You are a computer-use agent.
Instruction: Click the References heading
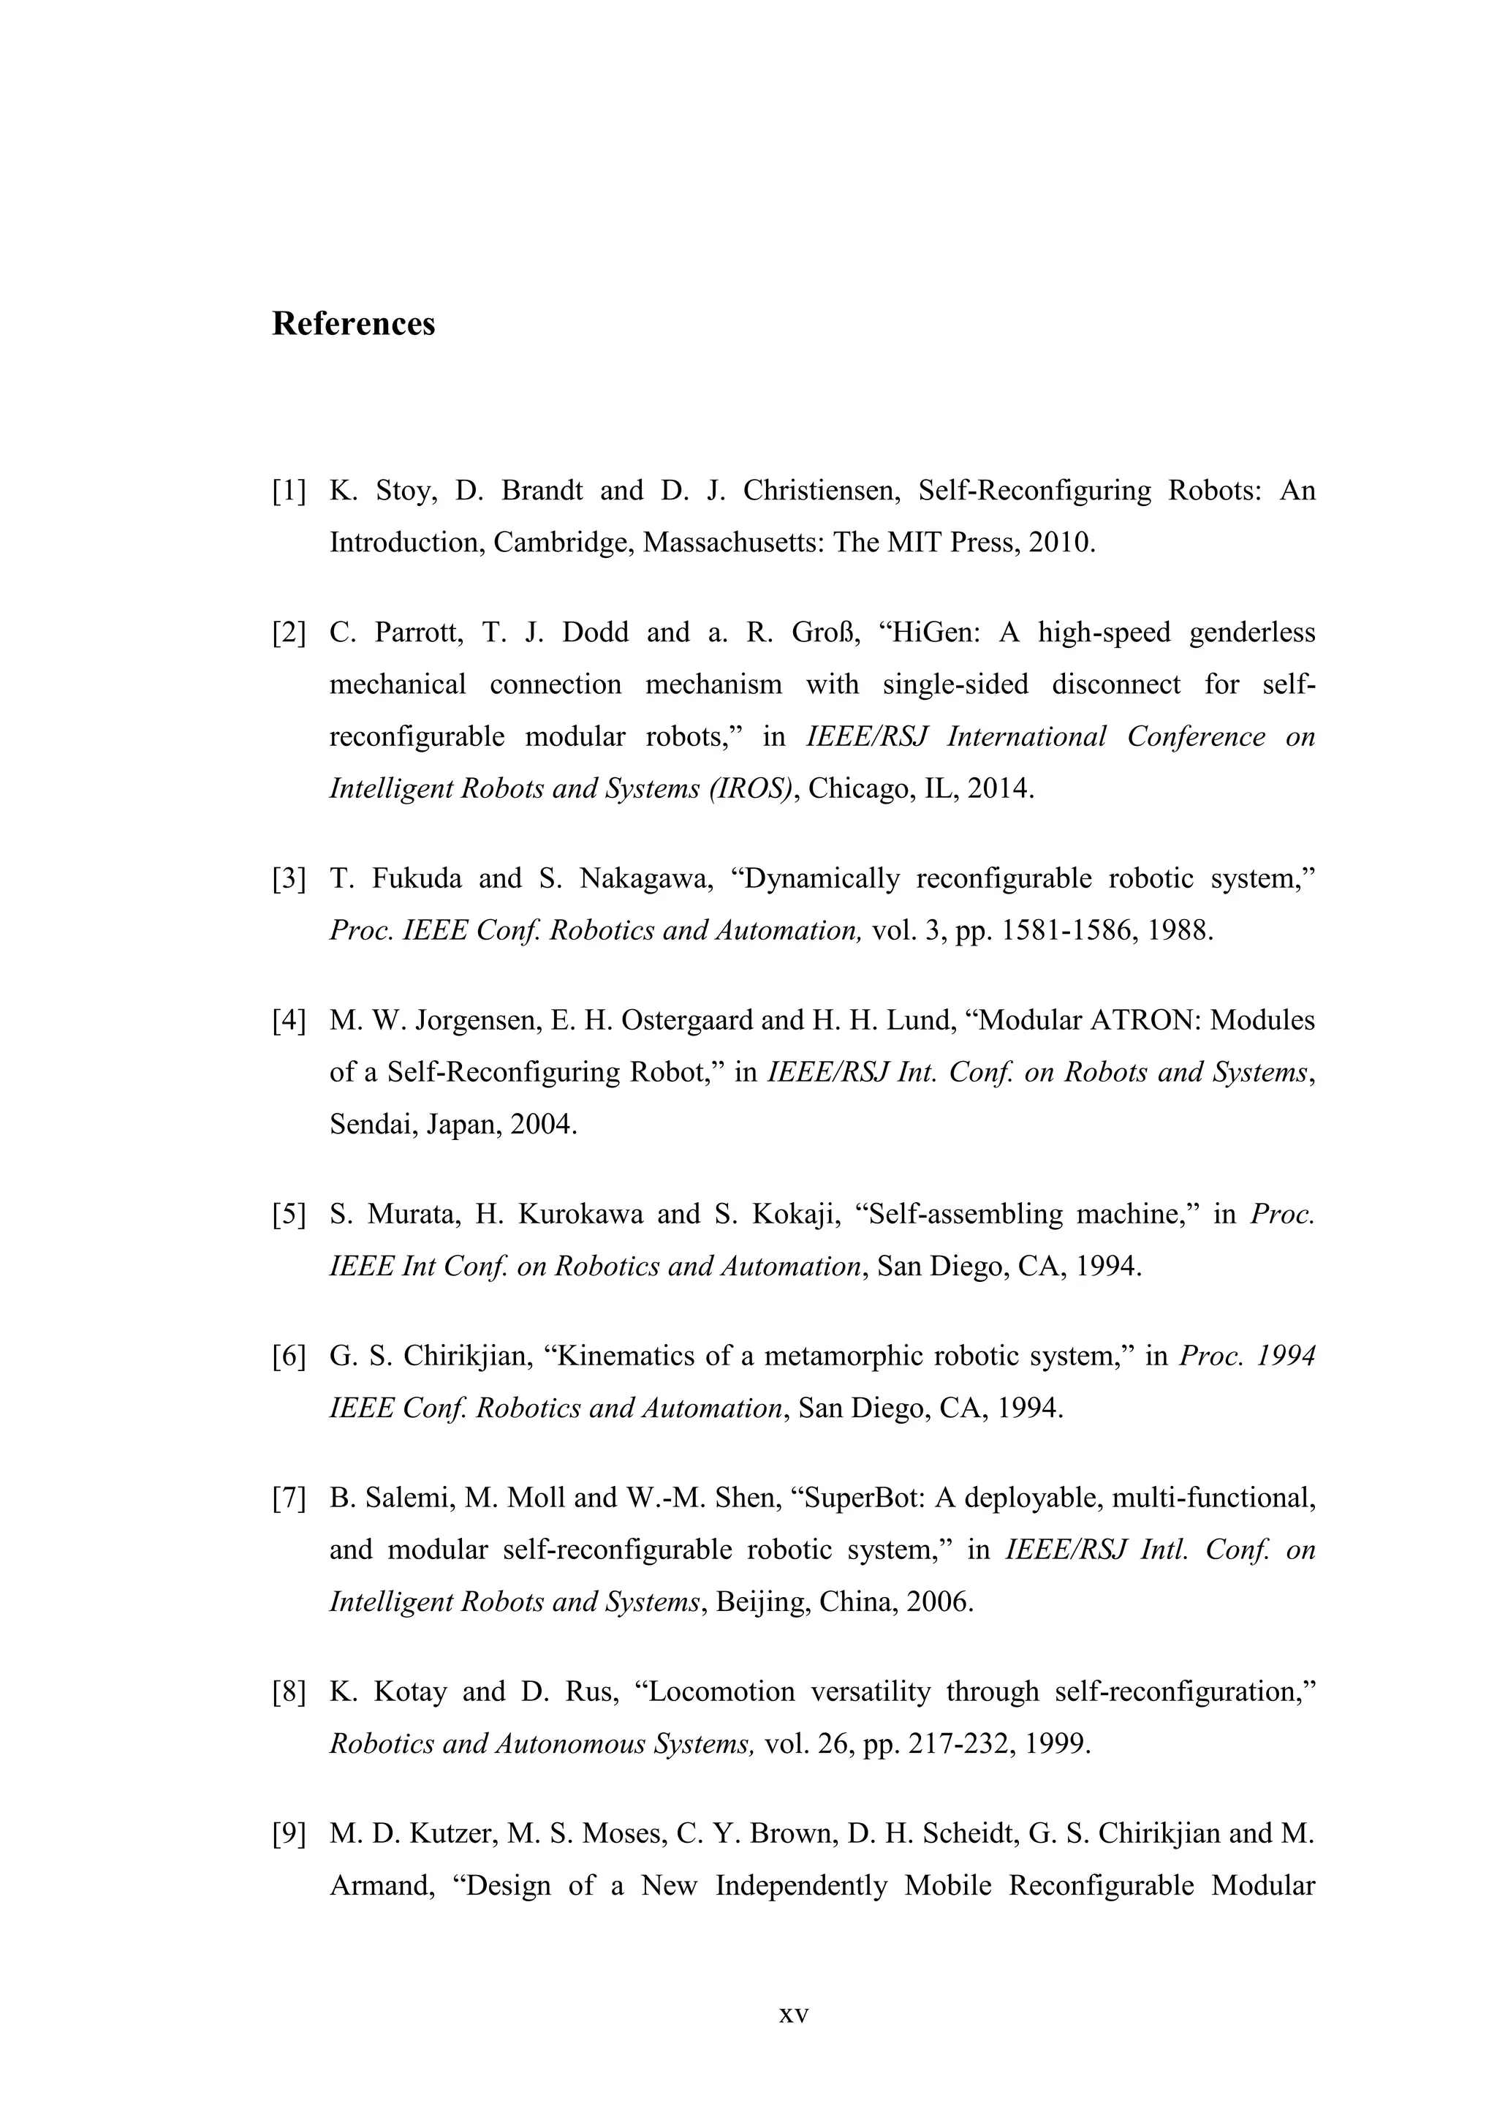point(353,324)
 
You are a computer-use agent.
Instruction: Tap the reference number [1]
point(289,491)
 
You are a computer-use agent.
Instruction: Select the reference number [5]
point(289,1215)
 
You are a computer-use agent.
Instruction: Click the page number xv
point(794,2014)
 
